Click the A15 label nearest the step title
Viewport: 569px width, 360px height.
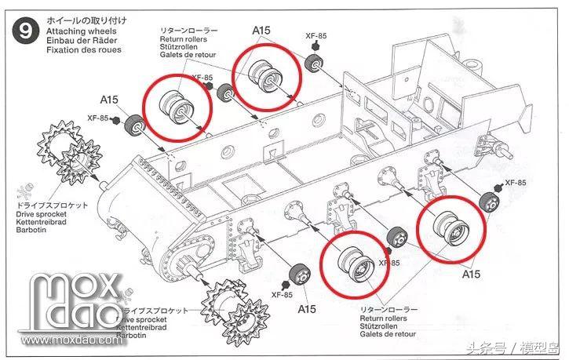click(109, 100)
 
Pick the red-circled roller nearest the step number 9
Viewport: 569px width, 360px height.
click(177, 105)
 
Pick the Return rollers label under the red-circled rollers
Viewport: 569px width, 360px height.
click(382, 318)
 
